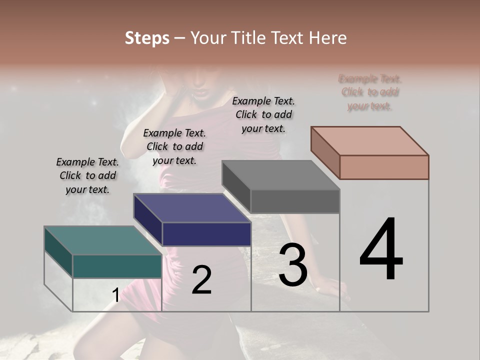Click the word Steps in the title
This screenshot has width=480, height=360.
147,38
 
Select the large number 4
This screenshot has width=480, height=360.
381,249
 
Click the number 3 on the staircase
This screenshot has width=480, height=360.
292,264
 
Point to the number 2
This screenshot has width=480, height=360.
201,280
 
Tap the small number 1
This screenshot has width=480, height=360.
115,295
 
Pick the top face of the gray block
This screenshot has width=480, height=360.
280,175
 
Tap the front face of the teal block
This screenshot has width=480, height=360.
117,266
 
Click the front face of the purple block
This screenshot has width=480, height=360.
206,234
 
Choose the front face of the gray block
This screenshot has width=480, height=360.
295,201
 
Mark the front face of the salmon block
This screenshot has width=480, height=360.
384,167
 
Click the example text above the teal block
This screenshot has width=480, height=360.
87,175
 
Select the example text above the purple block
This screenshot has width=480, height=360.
174,146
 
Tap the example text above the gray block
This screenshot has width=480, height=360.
263,114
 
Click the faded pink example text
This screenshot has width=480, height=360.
370,92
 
